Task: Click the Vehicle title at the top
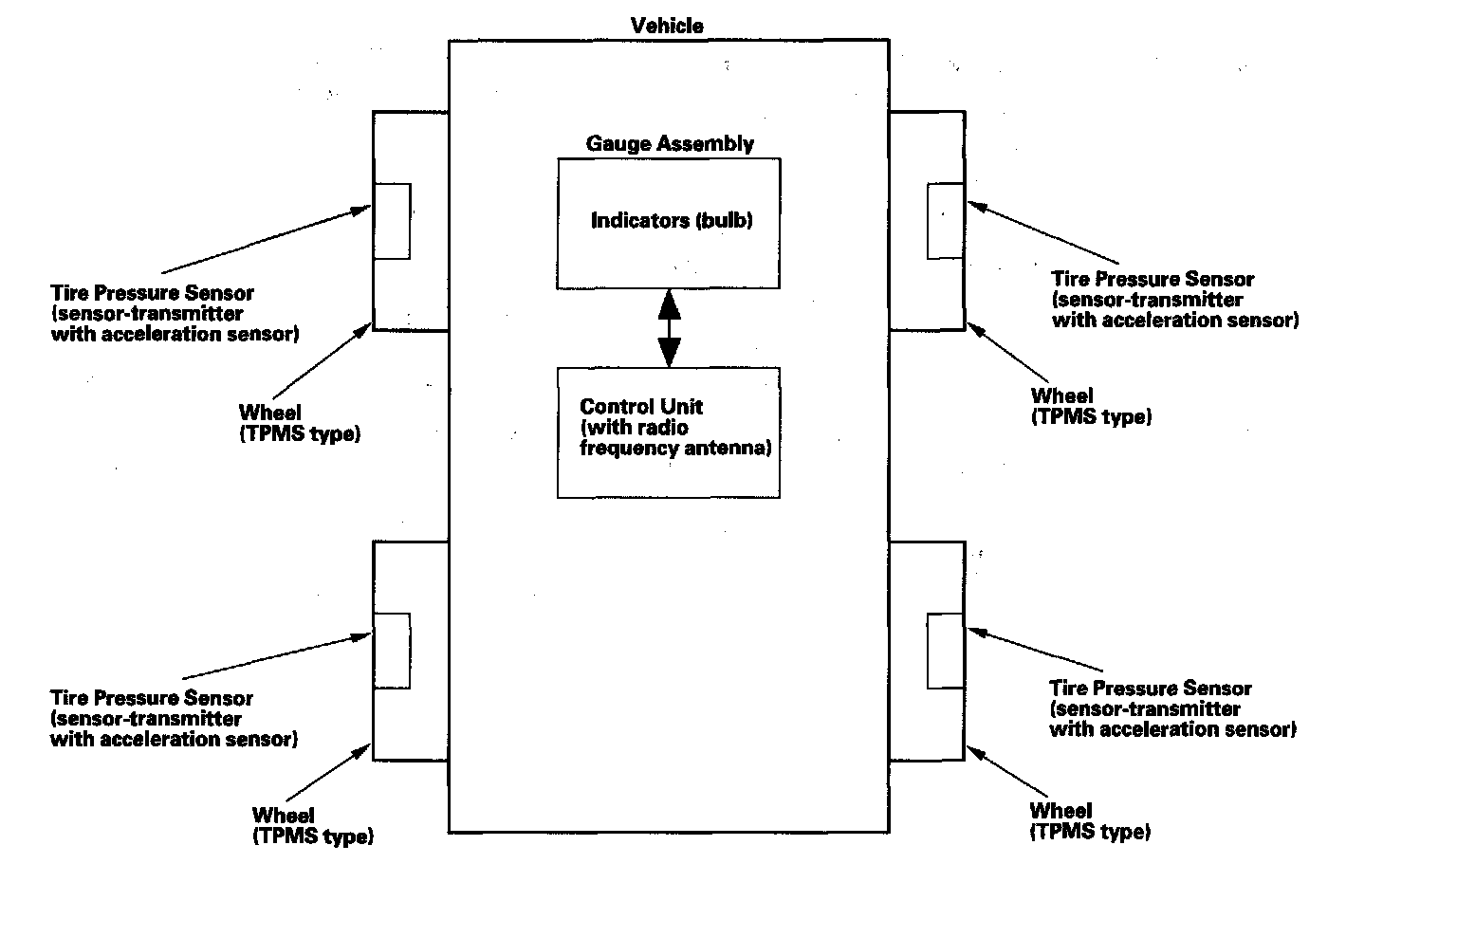[x=667, y=26]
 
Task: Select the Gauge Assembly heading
[x=670, y=144]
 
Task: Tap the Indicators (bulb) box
[x=669, y=224]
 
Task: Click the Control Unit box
[x=669, y=432]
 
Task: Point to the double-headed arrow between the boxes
[x=670, y=328]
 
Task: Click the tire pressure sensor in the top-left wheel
[x=392, y=221]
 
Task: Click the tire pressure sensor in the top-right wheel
[x=946, y=221]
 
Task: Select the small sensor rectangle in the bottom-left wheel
[x=392, y=651]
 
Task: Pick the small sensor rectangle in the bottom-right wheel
[x=946, y=651]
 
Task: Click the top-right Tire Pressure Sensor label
[x=1174, y=300]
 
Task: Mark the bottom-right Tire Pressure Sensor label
[x=1172, y=709]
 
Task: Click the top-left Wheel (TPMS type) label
[x=299, y=424]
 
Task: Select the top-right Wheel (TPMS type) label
[x=1091, y=407]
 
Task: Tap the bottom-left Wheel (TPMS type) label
[x=312, y=826]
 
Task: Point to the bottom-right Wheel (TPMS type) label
[x=1090, y=821]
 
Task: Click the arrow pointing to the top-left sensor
[x=267, y=240]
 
